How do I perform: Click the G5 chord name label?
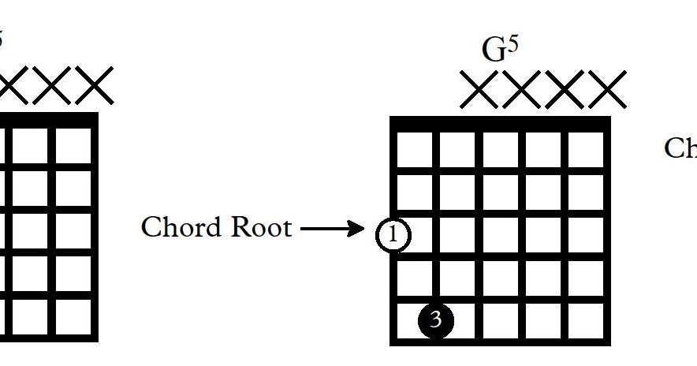[500, 49]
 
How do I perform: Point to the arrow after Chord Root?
[332, 230]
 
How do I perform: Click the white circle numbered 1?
[393, 235]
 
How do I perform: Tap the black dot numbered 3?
[436, 320]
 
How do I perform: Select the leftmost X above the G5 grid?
[479, 90]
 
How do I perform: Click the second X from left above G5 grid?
[521, 90]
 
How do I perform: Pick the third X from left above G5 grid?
[565, 90]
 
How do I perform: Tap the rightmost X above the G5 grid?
[607, 90]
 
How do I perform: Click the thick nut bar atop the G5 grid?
[501, 123]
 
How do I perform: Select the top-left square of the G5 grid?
[415, 150]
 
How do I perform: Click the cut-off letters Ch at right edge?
[680, 148]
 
